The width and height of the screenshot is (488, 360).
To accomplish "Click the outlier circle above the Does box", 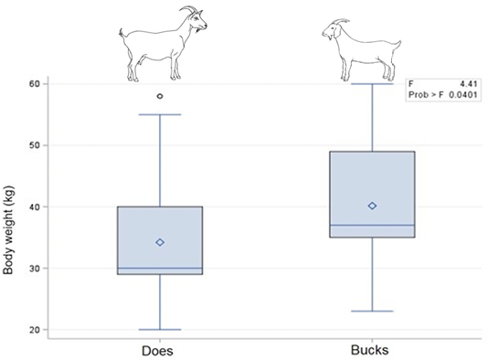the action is point(160,96).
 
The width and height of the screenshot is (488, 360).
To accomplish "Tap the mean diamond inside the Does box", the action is point(160,242).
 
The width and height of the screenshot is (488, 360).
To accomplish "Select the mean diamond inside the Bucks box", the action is point(372,206).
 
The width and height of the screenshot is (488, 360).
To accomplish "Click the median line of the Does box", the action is point(160,268).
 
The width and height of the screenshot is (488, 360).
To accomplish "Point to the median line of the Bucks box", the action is point(372,225).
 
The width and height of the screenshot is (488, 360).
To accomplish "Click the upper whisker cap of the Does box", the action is point(160,114).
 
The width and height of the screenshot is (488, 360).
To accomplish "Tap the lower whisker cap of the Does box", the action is point(160,330).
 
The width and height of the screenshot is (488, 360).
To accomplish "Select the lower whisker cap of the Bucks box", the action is point(372,311).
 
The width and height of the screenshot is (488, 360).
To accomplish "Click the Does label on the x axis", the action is point(157,351).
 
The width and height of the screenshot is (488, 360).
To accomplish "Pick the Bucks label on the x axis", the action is point(370,350).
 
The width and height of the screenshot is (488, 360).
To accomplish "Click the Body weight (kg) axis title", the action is point(8,230).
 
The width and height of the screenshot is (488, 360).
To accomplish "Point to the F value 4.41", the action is point(469,84).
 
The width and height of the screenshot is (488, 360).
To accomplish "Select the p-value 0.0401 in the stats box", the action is point(463,95).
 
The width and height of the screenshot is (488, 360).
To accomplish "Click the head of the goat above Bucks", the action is point(334,29).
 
